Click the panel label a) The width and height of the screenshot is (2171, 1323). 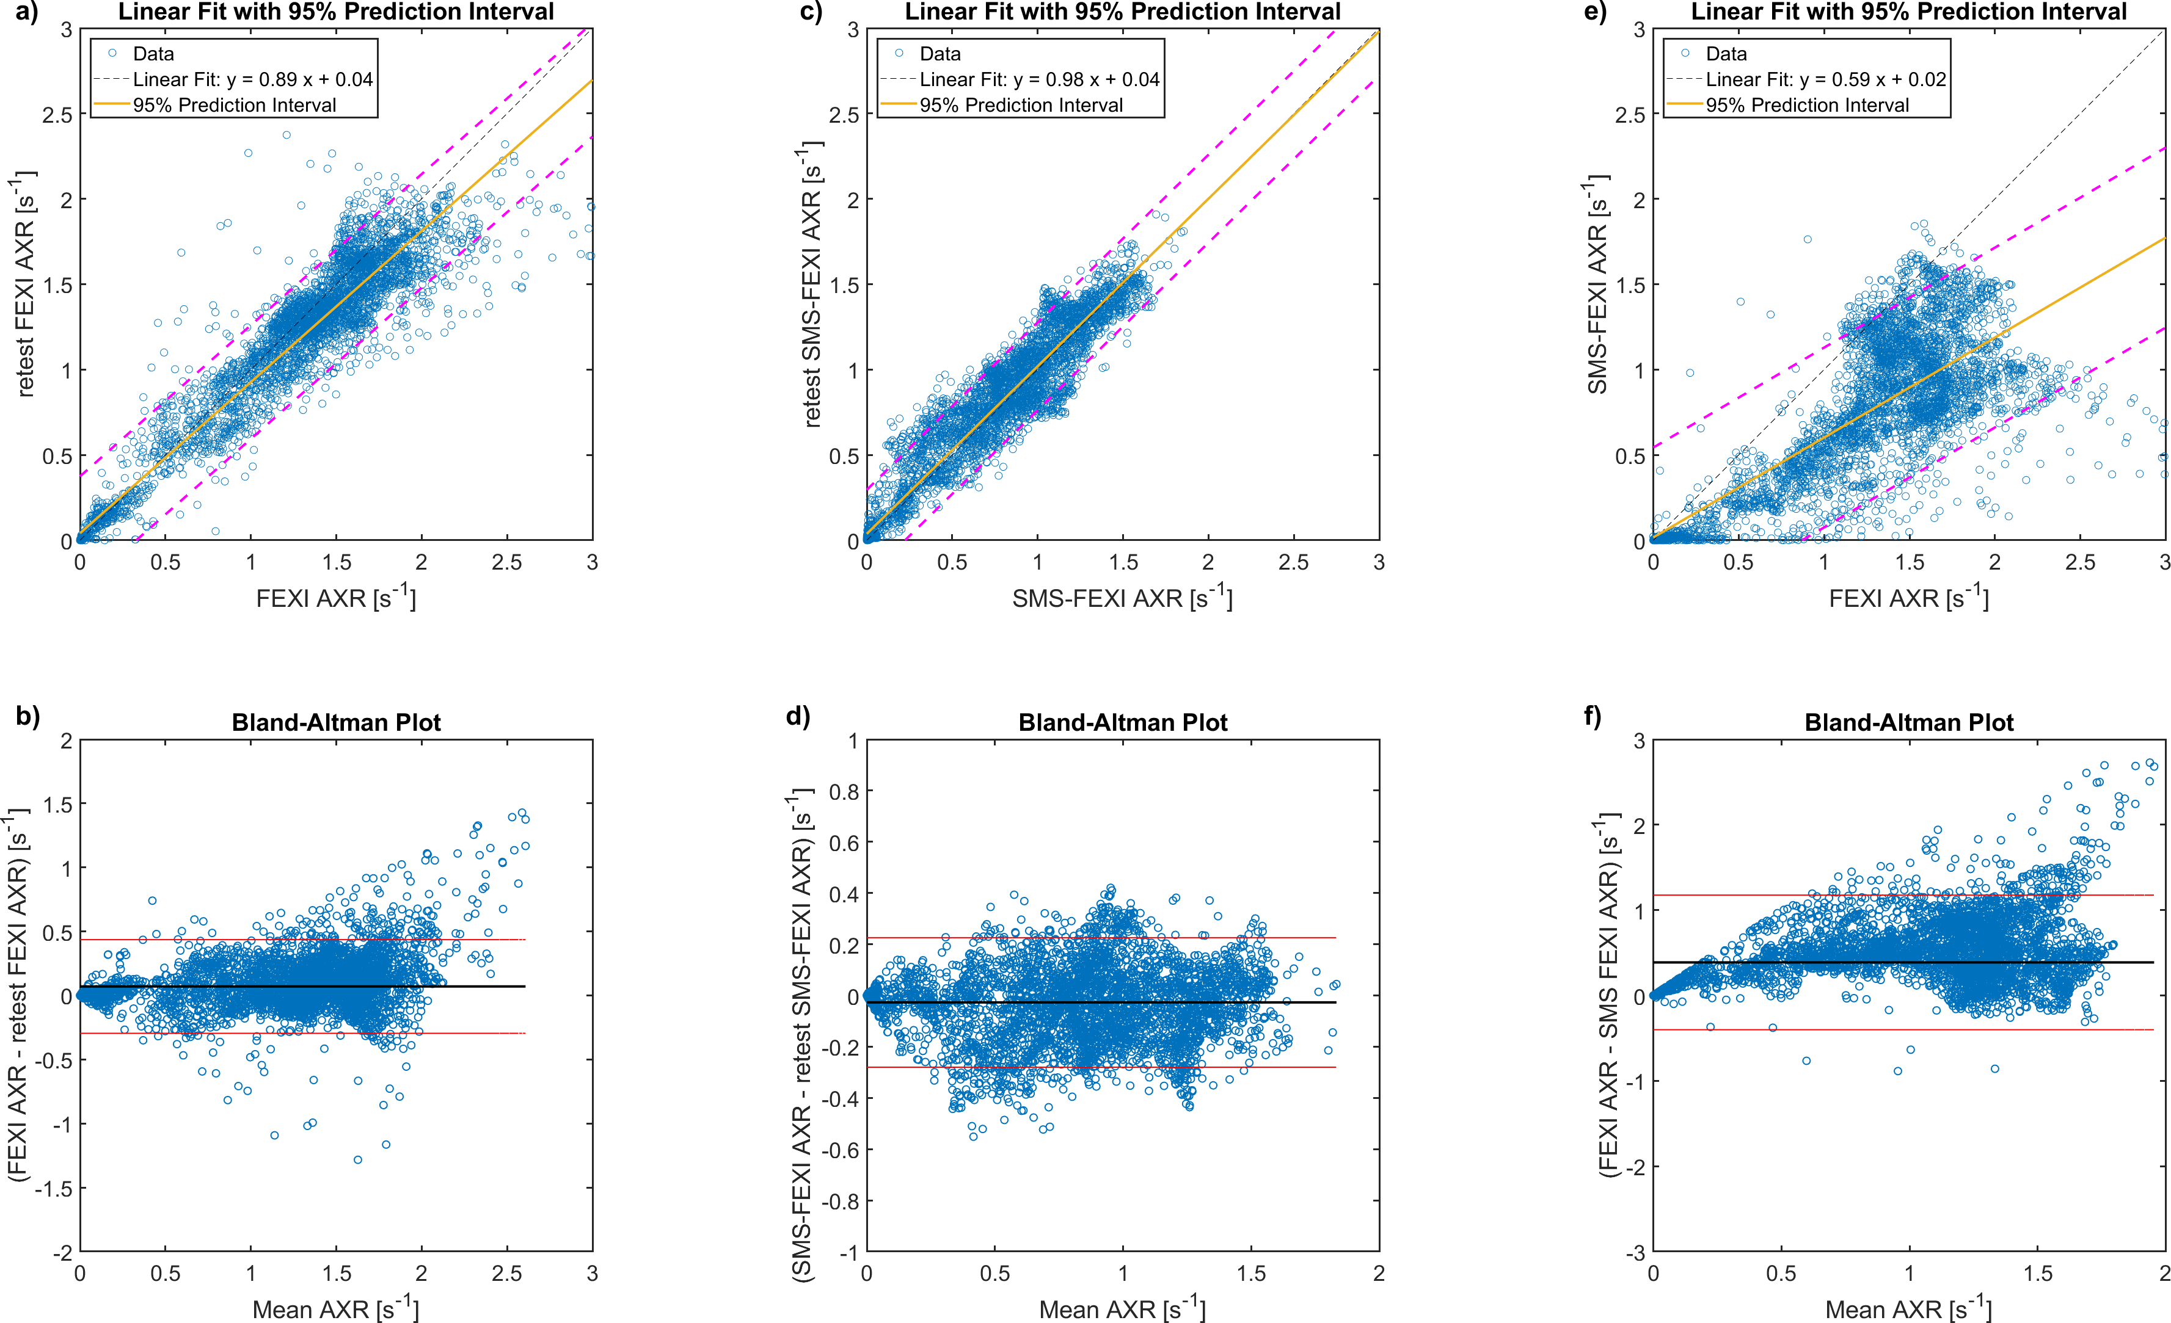(x=26, y=12)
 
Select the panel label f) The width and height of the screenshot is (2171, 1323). (x=1592, y=716)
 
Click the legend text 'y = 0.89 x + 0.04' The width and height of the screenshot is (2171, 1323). (x=299, y=79)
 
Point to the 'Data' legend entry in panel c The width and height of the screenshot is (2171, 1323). (x=940, y=54)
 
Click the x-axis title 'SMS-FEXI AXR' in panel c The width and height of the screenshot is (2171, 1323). (x=1122, y=598)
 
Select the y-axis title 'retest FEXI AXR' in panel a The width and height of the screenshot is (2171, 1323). (x=24, y=284)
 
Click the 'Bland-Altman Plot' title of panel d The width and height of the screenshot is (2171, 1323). (x=1123, y=722)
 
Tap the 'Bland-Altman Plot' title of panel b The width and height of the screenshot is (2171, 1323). (x=336, y=722)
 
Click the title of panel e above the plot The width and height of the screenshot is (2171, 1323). (x=1908, y=12)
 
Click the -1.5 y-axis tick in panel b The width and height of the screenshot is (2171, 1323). (x=53, y=1188)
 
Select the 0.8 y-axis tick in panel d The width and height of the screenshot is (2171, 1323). (x=842, y=791)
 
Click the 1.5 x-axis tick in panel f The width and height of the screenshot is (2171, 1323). (x=2037, y=1274)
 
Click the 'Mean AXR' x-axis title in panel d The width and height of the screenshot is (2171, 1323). (x=1122, y=1309)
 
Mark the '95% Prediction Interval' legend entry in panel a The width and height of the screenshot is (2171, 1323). (x=235, y=105)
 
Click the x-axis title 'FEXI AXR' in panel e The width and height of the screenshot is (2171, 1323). (x=1908, y=598)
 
